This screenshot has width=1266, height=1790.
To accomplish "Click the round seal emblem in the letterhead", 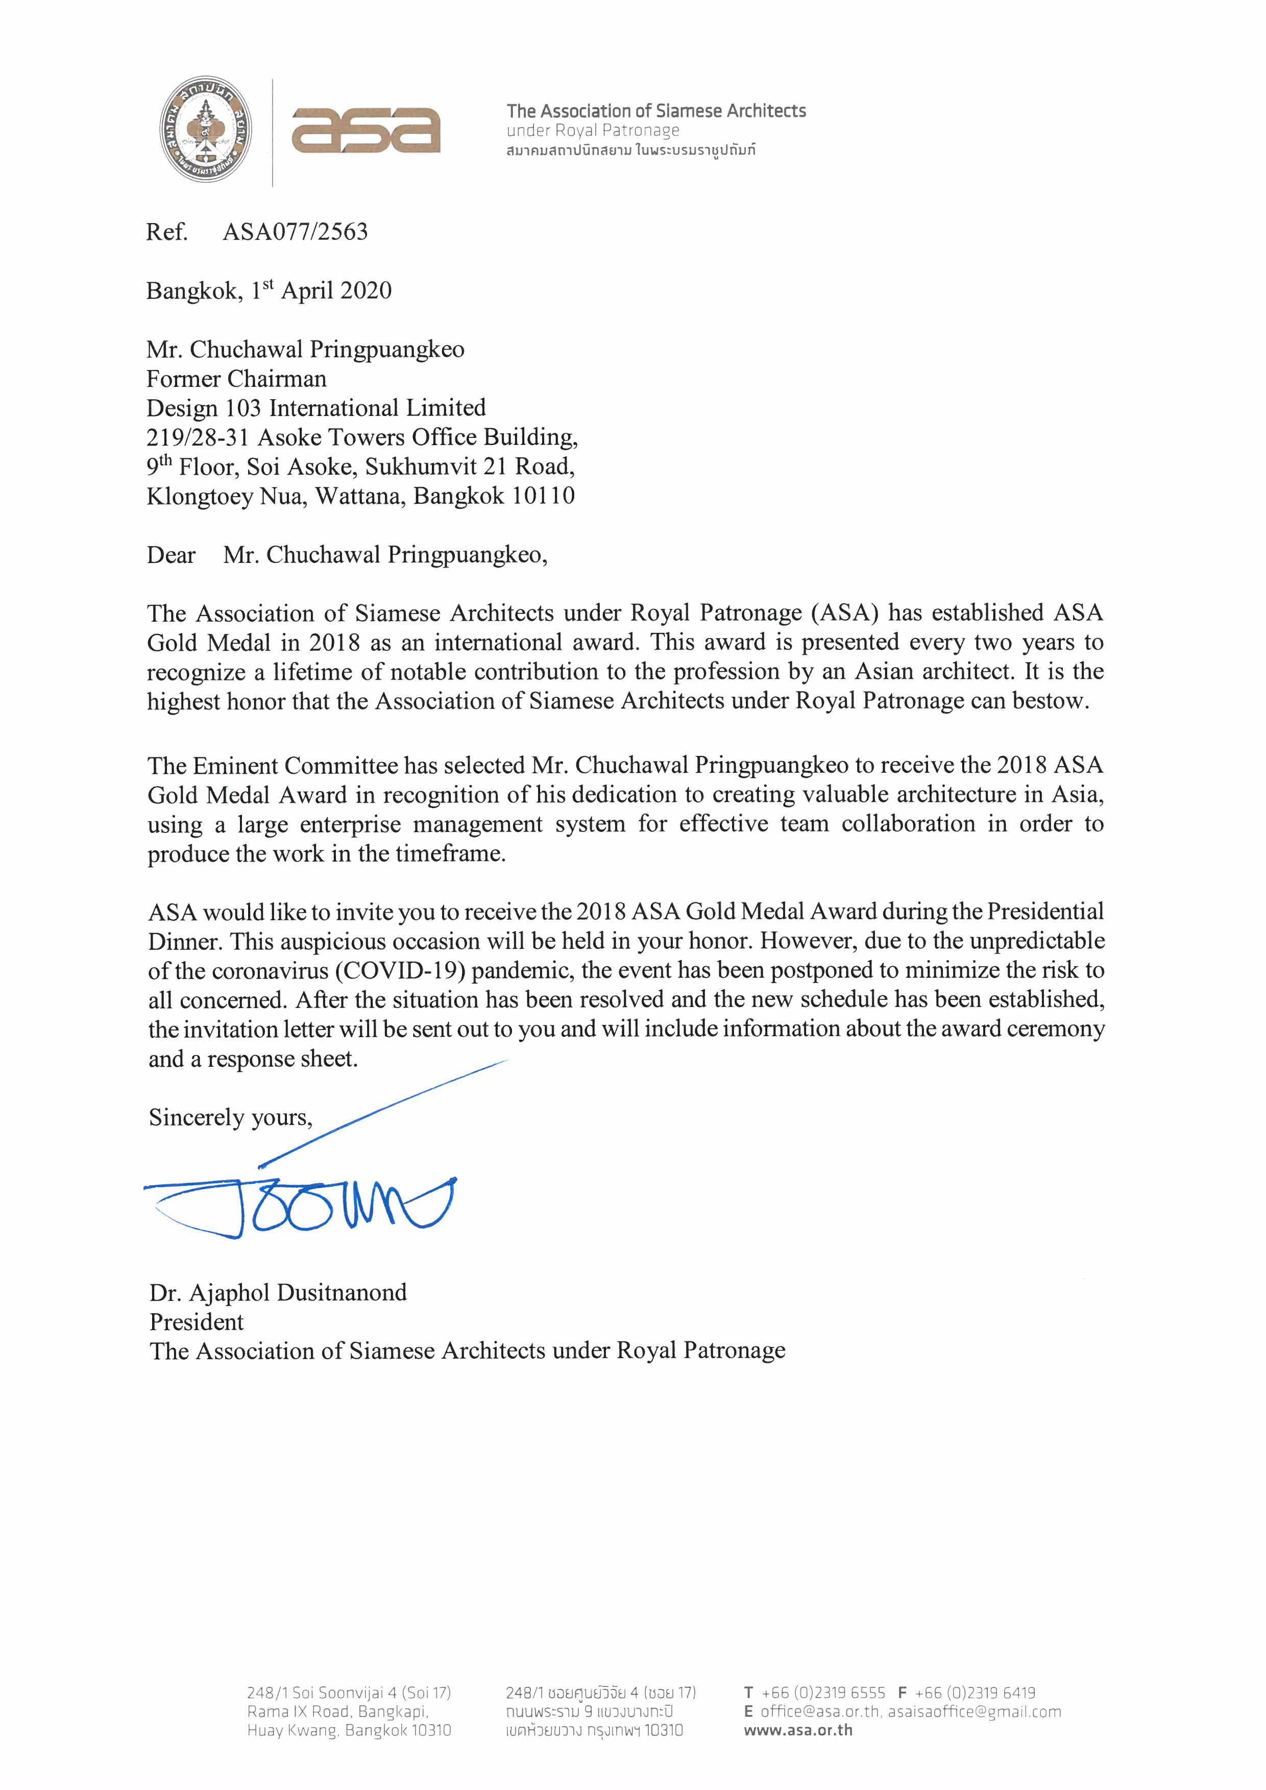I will (x=206, y=130).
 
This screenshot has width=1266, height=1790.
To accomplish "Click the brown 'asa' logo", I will (x=366, y=130).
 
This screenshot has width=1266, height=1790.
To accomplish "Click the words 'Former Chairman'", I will (x=236, y=379).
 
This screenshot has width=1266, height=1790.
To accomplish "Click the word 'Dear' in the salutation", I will (x=171, y=555).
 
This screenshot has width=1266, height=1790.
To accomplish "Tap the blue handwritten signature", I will (x=312, y=1205).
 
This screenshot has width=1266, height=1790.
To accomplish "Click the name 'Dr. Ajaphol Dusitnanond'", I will (x=278, y=1292).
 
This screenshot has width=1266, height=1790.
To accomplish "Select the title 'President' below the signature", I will (x=197, y=1322).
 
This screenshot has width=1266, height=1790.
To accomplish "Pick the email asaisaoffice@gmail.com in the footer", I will (x=975, y=1711).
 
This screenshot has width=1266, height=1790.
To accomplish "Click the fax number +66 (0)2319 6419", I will (x=975, y=1693).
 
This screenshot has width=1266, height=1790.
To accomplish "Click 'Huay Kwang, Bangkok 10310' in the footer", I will (x=349, y=1730).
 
